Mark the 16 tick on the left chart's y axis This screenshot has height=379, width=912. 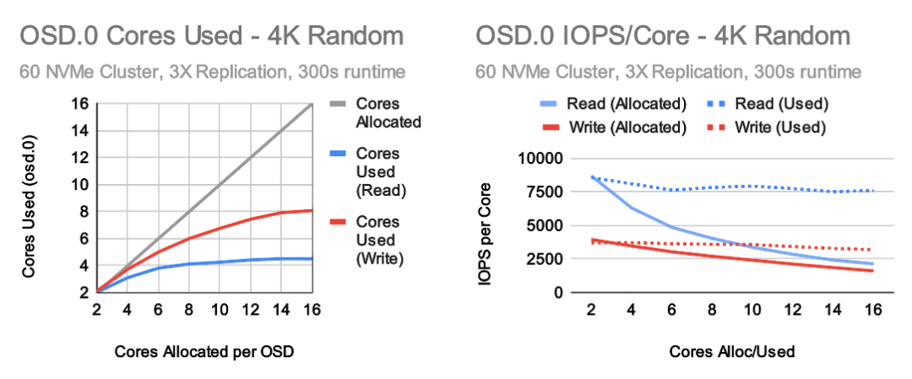click(80, 104)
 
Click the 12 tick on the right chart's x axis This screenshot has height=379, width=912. click(792, 310)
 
